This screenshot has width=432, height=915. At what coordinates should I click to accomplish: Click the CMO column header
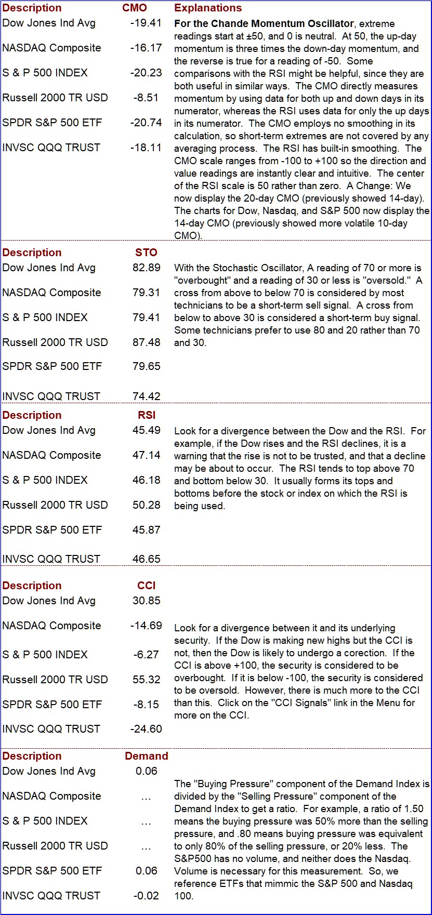coord(135,8)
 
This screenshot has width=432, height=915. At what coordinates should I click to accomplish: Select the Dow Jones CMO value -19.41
coord(146,23)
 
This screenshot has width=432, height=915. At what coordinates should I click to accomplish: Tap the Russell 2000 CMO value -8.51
coord(146,98)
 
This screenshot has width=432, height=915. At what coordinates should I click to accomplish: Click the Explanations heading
coord(208,8)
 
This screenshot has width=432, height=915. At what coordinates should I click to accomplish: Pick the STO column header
coord(146,253)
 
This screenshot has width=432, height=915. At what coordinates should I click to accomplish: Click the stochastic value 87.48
coord(146,342)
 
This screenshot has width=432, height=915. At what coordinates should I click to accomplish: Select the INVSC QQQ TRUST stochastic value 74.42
coord(146,396)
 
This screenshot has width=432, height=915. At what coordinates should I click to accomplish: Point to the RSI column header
coord(147,415)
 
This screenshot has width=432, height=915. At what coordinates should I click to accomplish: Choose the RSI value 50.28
coord(146,505)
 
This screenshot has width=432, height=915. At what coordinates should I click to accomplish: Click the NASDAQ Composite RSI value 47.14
coord(146,455)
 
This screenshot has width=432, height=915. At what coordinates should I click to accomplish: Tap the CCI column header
coord(147,586)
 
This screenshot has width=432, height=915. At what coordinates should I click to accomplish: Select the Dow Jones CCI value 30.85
coord(146,601)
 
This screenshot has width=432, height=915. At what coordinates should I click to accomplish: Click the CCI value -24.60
coord(146,729)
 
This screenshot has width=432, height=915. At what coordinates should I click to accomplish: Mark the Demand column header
coord(147,756)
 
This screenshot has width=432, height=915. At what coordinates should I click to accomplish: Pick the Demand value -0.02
coord(146,896)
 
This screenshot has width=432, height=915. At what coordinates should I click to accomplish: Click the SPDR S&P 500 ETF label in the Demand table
coord(52,871)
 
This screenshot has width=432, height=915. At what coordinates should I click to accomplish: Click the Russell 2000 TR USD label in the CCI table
coord(55,680)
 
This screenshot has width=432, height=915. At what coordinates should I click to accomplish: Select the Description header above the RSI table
coord(32,415)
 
